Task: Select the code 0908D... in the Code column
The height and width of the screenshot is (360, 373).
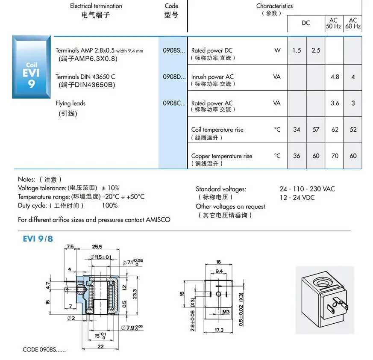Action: [174, 77]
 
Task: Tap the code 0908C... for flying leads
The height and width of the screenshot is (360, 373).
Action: [174, 103]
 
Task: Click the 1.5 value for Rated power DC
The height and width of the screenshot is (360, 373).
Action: [297, 50]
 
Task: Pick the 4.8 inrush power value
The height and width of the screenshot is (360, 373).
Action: [335, 77]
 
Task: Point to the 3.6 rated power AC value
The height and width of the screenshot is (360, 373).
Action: [335, 103]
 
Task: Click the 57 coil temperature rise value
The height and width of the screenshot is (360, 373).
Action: [316, 130]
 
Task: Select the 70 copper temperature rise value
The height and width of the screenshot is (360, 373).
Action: [335, 156]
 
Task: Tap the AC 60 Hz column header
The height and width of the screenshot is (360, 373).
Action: [353, 23]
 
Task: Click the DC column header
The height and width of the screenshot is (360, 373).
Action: [306, 23]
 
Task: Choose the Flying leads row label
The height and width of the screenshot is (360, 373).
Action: [70, 103]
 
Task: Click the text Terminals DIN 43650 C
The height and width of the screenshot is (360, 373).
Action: [85, 77]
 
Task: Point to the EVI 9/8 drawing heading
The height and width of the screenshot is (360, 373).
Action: [38, 239]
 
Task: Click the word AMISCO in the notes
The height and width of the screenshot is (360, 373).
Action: [158, 220]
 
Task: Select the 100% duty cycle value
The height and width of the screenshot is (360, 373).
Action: [109, 205]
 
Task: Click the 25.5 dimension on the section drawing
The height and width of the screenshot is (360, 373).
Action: [97, 247]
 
